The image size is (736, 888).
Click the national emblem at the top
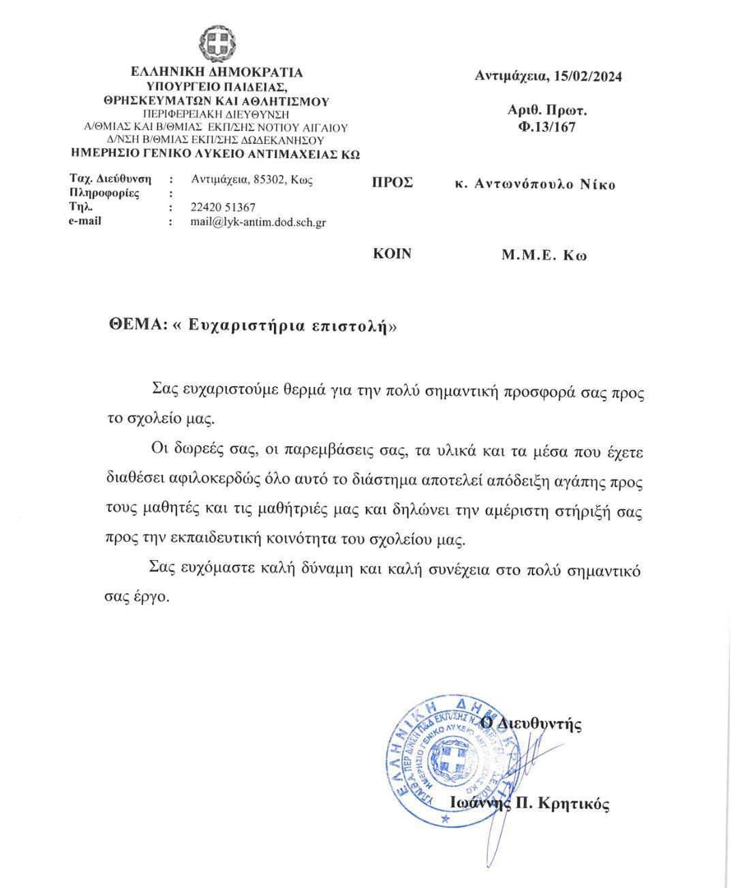pyautogui.click(x=217, y=43)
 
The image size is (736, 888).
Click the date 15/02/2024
pyautogui.click(x=587, y=76)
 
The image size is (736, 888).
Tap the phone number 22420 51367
pyautogui.click(x=223, y=207)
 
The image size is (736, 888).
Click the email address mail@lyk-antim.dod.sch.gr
pyautogui.click(x=258, y=222)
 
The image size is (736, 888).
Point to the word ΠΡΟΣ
pyautogui.click(x=392, y=183)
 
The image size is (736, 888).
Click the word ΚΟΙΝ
pyautogui.click(x=392, y=254)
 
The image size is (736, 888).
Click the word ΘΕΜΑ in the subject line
pyautogui.click(x=137, y=324)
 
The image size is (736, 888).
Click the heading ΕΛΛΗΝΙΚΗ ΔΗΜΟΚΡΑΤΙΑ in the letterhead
pyautogui.click(x=217, y=72)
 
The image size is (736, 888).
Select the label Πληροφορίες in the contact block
pyautogui.click(x=104, y=194)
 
